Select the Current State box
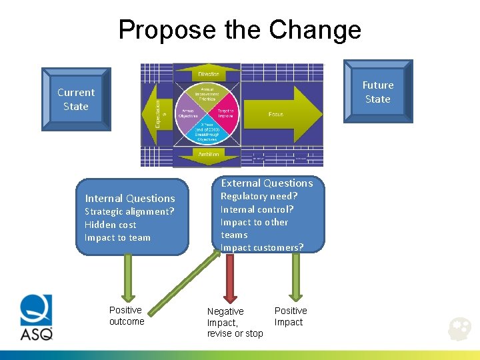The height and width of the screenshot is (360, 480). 76,99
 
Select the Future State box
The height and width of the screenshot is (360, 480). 378,92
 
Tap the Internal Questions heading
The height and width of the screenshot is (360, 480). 130,198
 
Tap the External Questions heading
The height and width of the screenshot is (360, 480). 267,183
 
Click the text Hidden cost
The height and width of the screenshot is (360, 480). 110,225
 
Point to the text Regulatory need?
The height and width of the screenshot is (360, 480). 259,196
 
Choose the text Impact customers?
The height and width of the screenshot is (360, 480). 261,247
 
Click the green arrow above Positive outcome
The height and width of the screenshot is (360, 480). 129,277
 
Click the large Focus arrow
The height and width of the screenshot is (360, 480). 280,114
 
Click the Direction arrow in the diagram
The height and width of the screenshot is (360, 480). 207,73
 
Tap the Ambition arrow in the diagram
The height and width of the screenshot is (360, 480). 207,155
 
